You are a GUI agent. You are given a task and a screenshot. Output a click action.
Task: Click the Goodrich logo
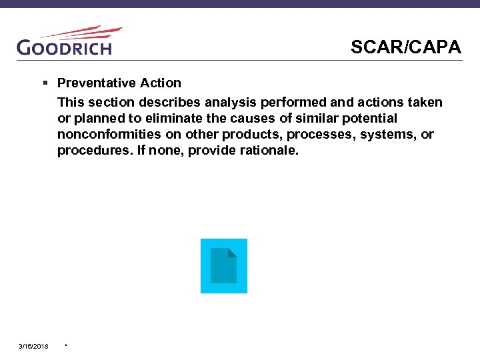(65, 47)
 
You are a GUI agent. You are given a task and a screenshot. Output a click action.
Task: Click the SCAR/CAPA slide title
(405, 47)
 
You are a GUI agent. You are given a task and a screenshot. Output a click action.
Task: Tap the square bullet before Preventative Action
(45, 83)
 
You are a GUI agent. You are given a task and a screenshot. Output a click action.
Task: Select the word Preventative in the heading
(96, 83)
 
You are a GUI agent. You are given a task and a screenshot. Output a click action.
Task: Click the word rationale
(273, 150)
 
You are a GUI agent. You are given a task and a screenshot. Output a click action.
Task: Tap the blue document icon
(224, 266)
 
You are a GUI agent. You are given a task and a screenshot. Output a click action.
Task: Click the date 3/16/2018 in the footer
(33, 346)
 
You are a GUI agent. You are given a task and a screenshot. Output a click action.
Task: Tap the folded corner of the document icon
(232, 253)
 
